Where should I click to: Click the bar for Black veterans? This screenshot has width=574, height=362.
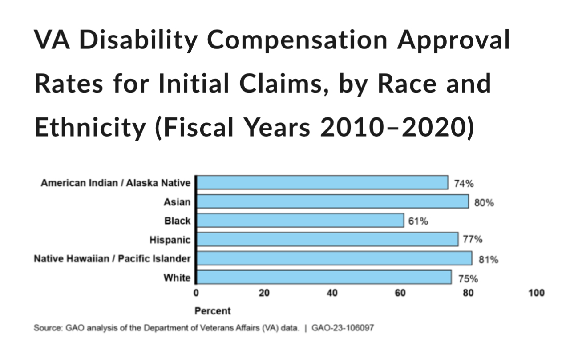[x=300, y=220]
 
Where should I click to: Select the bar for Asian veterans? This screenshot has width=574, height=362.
[x=332, y=201]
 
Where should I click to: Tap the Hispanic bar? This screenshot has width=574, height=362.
[x=327, y=239]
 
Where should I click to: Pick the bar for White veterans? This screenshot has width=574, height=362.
[x=324, y=278]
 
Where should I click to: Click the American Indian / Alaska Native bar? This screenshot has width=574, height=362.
[x=322, y=182]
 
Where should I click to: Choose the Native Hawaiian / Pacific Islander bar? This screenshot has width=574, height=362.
[x=334, y=258]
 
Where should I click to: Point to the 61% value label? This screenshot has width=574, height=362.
[x=418, y=221]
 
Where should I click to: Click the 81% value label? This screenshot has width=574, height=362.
[x=488, y=260]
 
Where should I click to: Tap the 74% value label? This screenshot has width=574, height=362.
[x=463, y=183]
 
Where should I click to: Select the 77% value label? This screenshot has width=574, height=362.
[x=473, y=240]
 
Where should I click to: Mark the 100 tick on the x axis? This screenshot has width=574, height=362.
[x=537, y=293]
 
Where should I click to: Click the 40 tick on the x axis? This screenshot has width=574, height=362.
[x=332, y=293]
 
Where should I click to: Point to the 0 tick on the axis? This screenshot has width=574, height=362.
[x=196, y=293]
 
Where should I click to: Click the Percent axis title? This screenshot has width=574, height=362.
[x=213, y=311]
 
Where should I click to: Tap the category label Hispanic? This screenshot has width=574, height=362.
[x=170, y=240]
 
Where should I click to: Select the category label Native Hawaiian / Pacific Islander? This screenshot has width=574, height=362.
[x=112, y=259]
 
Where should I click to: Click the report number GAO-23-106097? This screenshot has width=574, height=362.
[x=343, y=329]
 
